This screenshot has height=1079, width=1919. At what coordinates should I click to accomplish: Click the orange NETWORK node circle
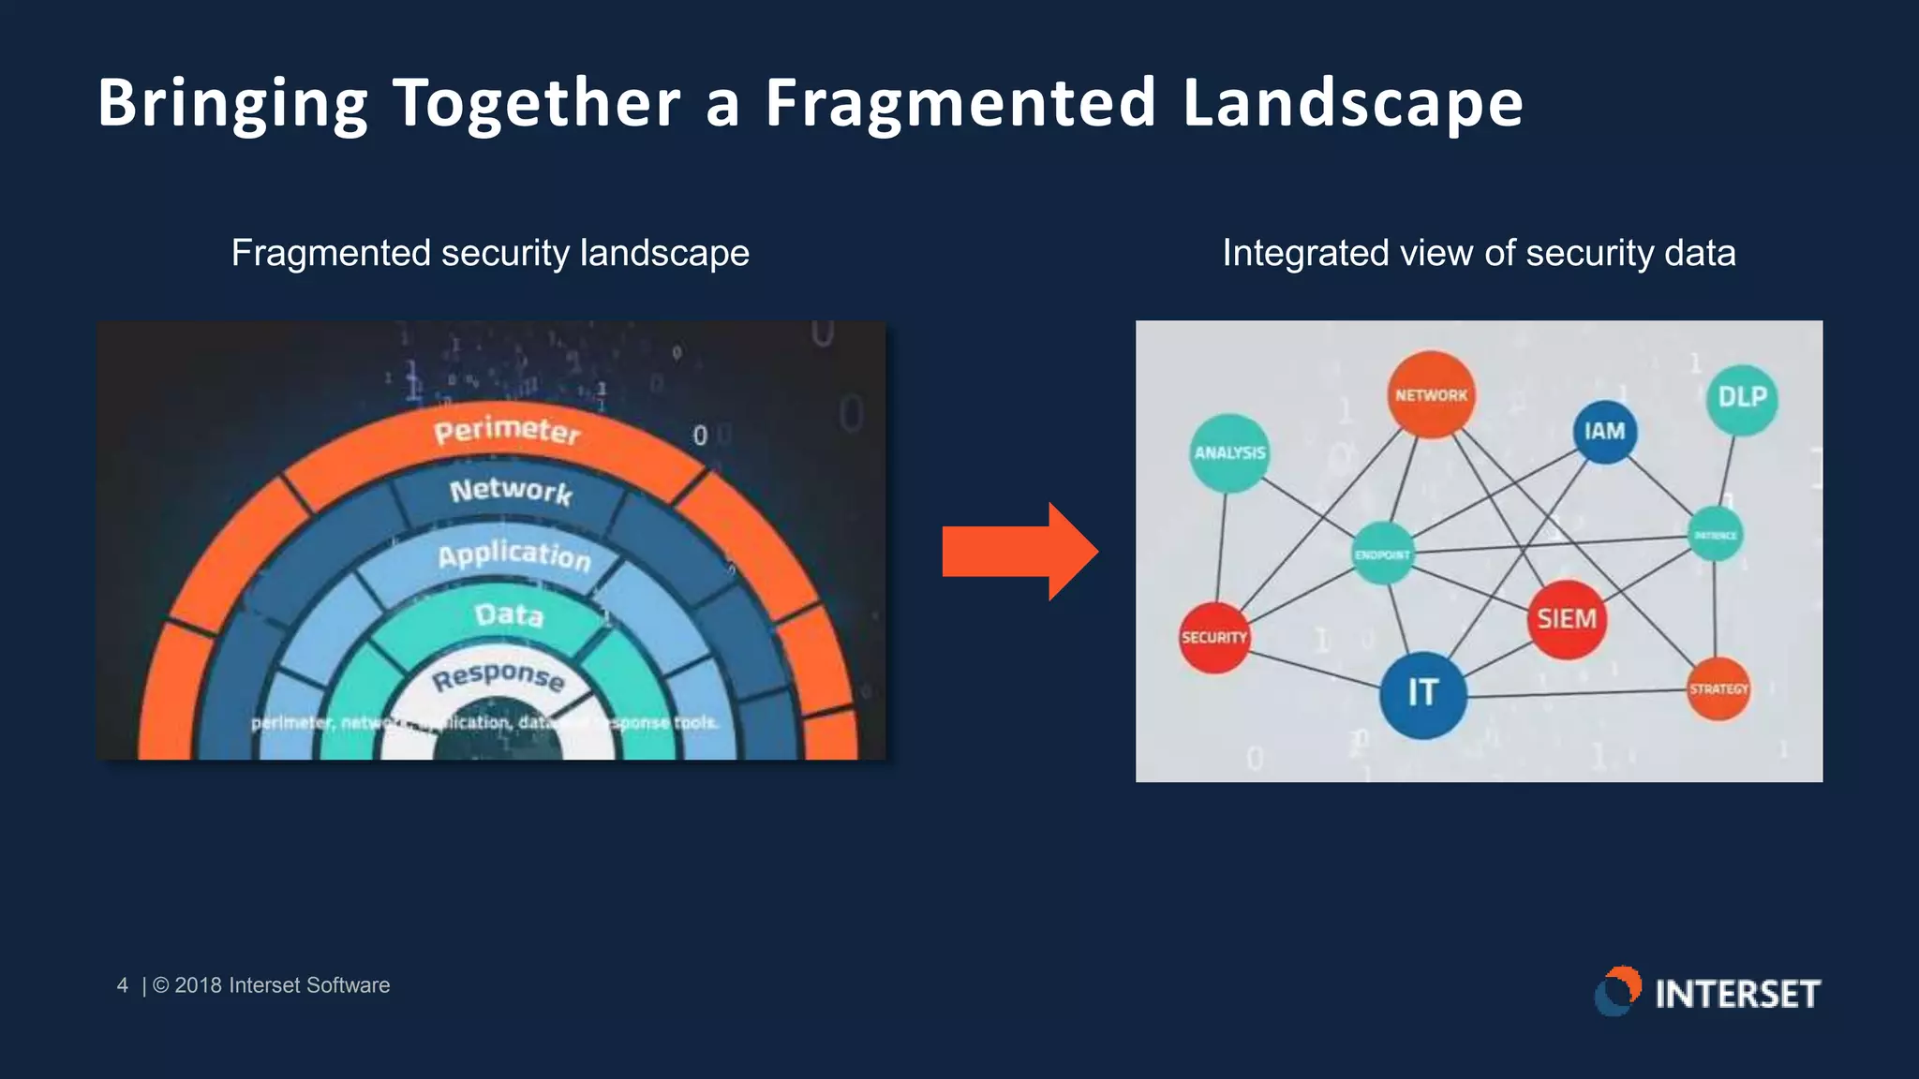pyautogui.click(x=1431, y=394)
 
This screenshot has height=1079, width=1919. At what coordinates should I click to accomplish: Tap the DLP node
pyautogui.click(x=1742, y=398)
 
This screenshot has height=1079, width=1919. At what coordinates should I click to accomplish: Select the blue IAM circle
pyautogui.click(x=1604, y=432)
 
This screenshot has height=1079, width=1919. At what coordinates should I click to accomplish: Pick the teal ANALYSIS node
pyautogui.click(x=1229, y=453)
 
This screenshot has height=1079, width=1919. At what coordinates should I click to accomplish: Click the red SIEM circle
pyautogui.click(x=1567, y=619)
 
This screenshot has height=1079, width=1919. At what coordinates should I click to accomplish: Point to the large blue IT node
pyautogui.click(x=1422, y=693)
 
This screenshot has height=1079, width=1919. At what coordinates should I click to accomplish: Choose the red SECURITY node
pyautogui.click(x=1214, y=637)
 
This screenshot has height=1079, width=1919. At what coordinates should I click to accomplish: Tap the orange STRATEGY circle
pyautogui.click(x=1718, y=689)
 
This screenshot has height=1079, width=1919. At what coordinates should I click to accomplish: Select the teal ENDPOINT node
pyautogui.click(x=1383, y=554)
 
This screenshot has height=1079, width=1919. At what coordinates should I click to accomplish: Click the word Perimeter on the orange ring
pyautogui.click(x=507, y=431)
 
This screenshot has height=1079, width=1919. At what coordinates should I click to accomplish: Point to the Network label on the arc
pyautogui.click(x=511, y=491)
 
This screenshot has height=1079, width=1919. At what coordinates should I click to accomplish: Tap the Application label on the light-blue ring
pyautogui.click(x=514, y=555)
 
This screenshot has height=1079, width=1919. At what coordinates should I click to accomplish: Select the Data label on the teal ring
pyautogui.click(x=509, y=614)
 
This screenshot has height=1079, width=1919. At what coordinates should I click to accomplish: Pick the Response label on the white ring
pyautogui.click(x=498, y=676)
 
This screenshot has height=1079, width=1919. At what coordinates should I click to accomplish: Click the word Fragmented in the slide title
pyautogui.click(x=960, y=103)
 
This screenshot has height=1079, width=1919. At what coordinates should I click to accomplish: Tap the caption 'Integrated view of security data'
pyautogui.click(x=1479, y=253)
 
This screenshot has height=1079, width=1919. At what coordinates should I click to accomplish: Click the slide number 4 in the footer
pyautogui.click(x=122, y=985)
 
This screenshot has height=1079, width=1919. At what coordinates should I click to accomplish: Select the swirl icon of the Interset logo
pyautogui.click(x=1618, y=991)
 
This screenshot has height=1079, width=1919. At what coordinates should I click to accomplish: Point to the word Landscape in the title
pyautogui.click(x=1353, y=103)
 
